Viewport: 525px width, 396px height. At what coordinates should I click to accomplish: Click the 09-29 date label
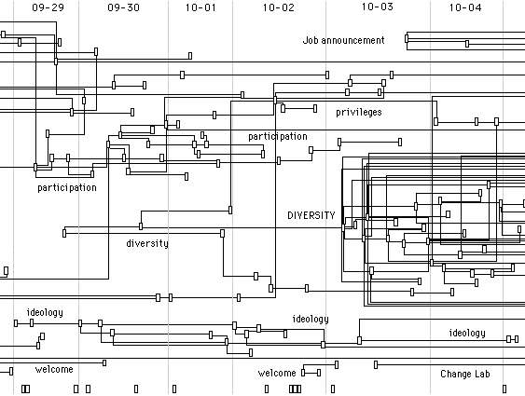point(48,7)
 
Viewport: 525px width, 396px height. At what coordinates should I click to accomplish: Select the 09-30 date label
point(123,7)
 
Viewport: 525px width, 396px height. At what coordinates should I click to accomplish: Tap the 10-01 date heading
point(200,7)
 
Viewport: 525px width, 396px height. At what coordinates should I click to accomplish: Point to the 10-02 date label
point(279,7)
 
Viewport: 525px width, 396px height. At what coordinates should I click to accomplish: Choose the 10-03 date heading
point(378,7)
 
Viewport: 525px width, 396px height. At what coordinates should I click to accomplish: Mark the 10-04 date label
point(465,7)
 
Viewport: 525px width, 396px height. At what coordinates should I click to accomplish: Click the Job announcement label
point(343,40)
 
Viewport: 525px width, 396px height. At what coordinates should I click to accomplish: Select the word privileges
point(359,112)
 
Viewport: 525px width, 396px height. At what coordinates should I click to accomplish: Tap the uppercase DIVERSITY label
point(311,215)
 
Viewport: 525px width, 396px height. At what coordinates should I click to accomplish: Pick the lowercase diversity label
point(147,243)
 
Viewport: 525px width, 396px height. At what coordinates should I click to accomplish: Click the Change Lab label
point(465,374)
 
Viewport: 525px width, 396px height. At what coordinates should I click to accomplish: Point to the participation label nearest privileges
point(278,136)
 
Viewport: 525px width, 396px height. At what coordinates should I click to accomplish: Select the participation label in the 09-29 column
point(67,187)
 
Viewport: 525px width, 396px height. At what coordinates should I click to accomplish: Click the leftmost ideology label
point(45,312)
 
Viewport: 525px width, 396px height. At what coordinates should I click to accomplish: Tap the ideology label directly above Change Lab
point(467,333)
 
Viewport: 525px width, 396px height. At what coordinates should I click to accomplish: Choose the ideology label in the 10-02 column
point(311,319)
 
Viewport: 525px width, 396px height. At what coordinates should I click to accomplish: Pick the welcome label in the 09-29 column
point(54,369)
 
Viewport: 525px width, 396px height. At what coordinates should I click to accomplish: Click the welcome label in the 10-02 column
point(277,373)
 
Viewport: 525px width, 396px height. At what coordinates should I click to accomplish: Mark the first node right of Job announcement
point(407,38)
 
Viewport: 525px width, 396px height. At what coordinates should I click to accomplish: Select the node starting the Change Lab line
point(376,364)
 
